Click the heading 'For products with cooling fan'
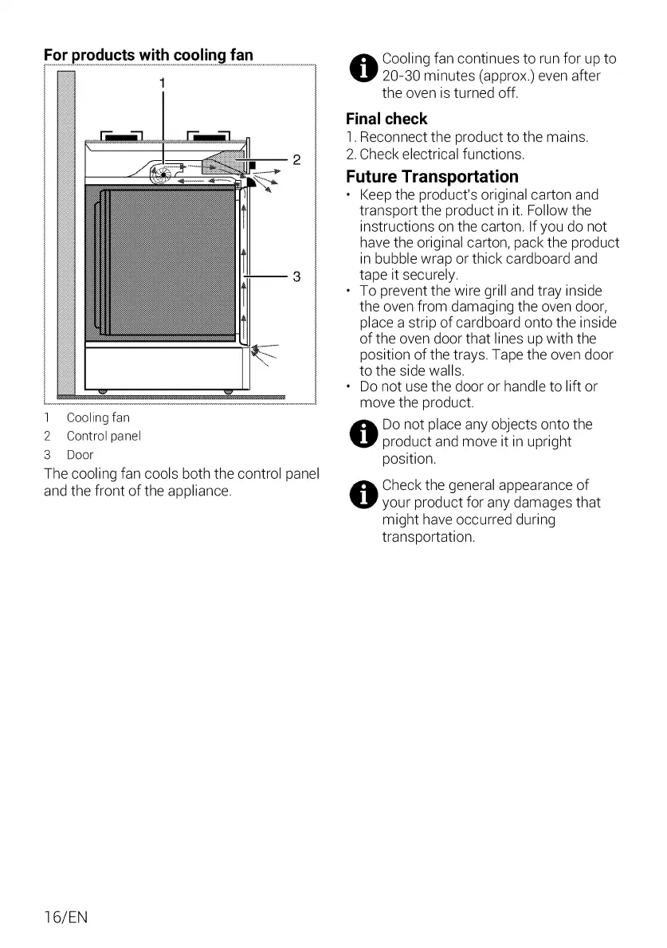(148, 55)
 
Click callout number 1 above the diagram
(163, 83)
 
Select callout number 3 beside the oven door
(296, 276)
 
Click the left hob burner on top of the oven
(120, 135)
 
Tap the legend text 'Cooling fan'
(98, 417)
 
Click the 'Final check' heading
(386, 119)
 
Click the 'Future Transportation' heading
(432, 176)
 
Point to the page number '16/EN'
(65, 917)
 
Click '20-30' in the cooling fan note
(403, 76)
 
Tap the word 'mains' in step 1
(565, 138)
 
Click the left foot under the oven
(103, 390)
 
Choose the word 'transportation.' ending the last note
(428, 537)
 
